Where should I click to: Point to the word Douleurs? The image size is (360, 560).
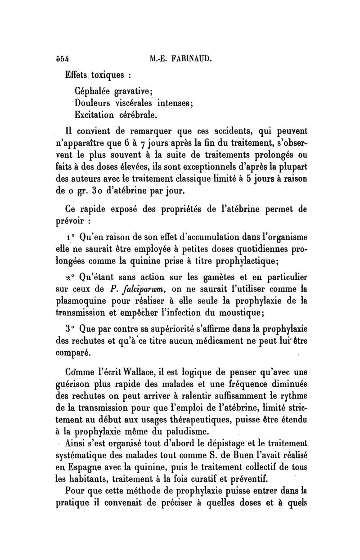[93, 102]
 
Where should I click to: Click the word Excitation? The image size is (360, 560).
[94, 115]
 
